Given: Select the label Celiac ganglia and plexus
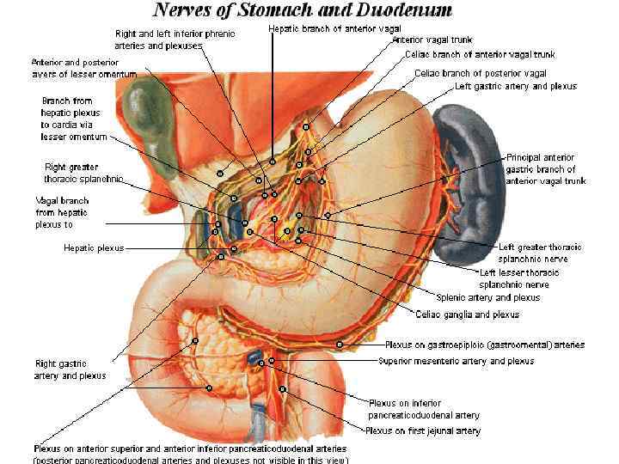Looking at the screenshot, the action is (467, 314).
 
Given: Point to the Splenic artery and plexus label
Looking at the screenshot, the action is (487, 297).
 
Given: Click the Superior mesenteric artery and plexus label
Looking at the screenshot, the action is (456, 361).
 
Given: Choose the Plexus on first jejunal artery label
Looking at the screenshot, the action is (423, 430).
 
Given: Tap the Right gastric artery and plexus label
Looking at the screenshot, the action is (70, 369).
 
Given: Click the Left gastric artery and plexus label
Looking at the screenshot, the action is (516, 86).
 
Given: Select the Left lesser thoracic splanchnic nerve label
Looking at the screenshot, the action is (518, 278).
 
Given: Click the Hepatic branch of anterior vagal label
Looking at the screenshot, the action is (334, 28).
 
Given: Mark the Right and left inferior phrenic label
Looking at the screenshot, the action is (175, 39).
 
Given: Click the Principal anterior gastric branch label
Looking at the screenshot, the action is (546, 169).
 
